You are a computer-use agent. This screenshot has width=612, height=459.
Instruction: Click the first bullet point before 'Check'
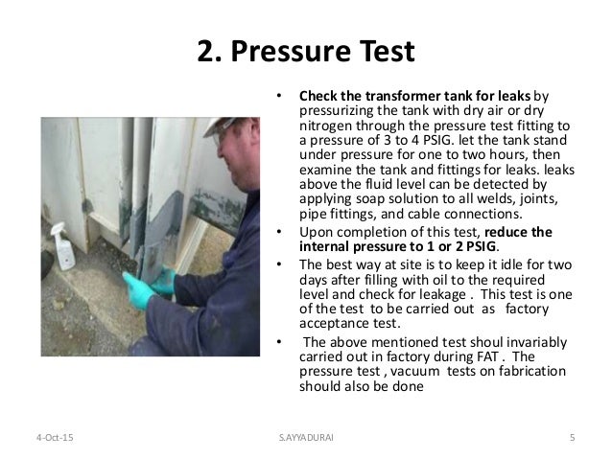click(x=278, y=97)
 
